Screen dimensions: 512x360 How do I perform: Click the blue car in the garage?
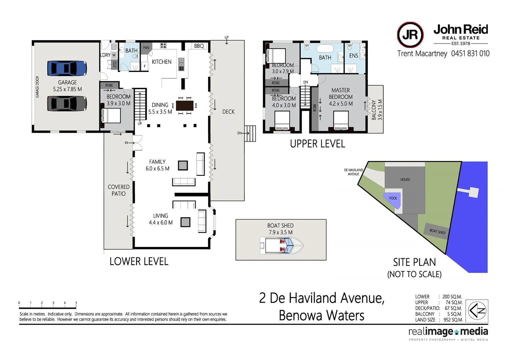[x=67, y=68]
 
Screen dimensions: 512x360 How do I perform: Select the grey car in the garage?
[x=67, y=104]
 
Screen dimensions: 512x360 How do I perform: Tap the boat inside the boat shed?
[x=282, y=246]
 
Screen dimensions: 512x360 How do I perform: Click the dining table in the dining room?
[x=185, y=106]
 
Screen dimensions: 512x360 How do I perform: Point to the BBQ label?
[x=199, y=46]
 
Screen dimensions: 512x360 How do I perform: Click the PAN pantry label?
[x=146, y=48]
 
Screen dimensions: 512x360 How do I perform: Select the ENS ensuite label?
[x=354, y=56]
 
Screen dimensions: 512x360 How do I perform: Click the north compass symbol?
[x=477, y=311]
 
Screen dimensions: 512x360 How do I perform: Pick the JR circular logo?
[x=410, y=35]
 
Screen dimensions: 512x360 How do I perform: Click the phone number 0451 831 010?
[x=470, y=53]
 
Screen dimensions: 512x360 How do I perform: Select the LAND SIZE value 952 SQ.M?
[x=453, y=320]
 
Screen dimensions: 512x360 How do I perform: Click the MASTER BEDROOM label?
[x=341, y=93]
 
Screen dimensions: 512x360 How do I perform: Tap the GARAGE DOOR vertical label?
[x=37, y=87]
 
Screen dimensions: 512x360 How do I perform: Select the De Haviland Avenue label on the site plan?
[x=353, y=172]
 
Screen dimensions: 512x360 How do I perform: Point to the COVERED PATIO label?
[x=119, y=190]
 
